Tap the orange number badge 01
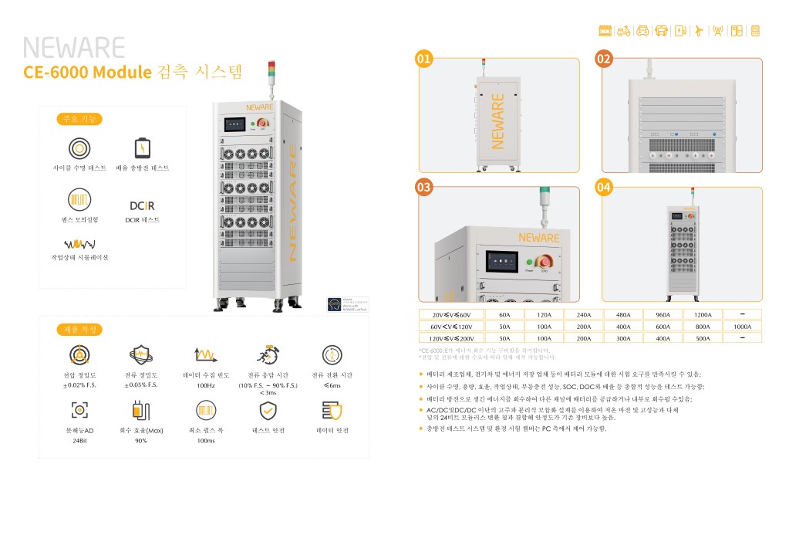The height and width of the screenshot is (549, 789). point(423,59)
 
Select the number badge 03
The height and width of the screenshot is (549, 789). point(423,187)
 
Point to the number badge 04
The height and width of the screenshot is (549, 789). point(604,187)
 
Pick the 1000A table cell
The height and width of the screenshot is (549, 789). point(742,327)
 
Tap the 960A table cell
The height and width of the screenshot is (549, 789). point(663,315)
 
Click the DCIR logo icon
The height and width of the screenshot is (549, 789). point(142,205)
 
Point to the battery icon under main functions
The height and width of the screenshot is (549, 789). point(142,148)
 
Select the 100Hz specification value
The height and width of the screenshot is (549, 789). point(206,385)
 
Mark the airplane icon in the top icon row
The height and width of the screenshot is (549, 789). point(699,31)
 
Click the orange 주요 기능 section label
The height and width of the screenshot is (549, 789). point(79,119)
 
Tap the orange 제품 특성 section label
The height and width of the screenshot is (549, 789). point(79,330)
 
